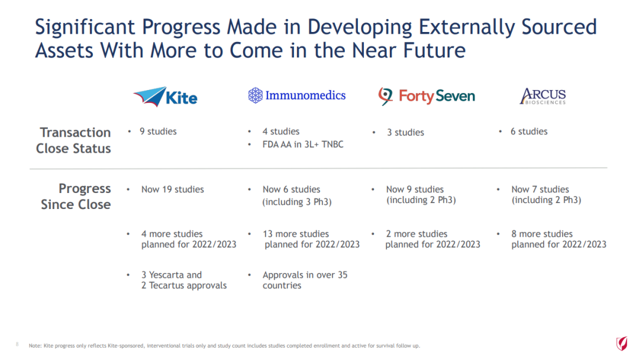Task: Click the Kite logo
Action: pyautogui.click(x=165, y=97)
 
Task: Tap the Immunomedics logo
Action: pyautogui.click(x=296, y=95)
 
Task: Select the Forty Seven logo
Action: pyautogui.click(x=427, y=97)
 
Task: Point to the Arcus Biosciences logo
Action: pyautogui.click(x=543, y=97)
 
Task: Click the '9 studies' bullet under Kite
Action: pyautogui.click(x=158, y=131)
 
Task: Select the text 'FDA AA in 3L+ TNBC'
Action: pyautogui.click(x=303, y=144)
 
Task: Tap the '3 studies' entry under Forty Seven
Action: pyautogui.click(x=405, y=133)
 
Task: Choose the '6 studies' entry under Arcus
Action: pyautogui.click(x=529, y=131)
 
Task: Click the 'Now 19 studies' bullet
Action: pyautogui.click(x=172, y=189)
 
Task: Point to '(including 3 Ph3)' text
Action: pyautogui.click(x=297, y=202)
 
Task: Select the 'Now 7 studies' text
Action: pyautogui.click(x=540, y=189)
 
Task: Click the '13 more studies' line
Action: pyautogui.click(x=295, y=234)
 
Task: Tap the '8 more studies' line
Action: pyautogui.click(x=542, y=234)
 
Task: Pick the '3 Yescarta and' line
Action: pyautogui.click(x=172, y=275)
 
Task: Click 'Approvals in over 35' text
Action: pyautogui.click(x=305, y=275)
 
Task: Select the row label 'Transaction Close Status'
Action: pyautogui.click(x=73, y=140)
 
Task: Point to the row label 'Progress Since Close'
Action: pyautogui.click(x=76, y=196)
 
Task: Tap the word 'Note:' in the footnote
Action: pyautogui.click(x=35, y=346)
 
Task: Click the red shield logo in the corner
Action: pyautogui.click(x=621, y=343)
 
